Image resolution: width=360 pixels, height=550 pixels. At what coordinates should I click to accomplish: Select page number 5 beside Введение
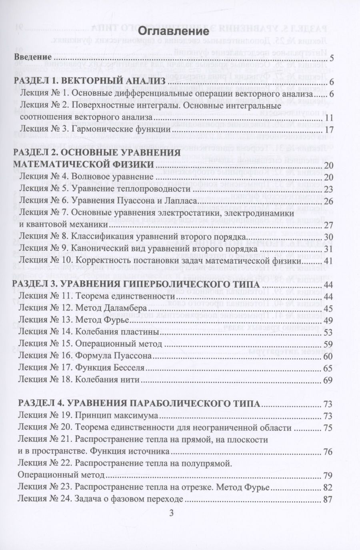coord(332,60)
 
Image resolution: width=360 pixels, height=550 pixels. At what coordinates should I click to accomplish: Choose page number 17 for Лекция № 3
coord(329,130)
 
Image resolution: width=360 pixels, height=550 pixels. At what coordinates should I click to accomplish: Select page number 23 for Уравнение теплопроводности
coord(329,189)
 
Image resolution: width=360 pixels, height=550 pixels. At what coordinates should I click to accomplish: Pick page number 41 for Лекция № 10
coord(329,260)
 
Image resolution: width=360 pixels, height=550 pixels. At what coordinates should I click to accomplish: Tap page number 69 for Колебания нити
coord(329,380)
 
